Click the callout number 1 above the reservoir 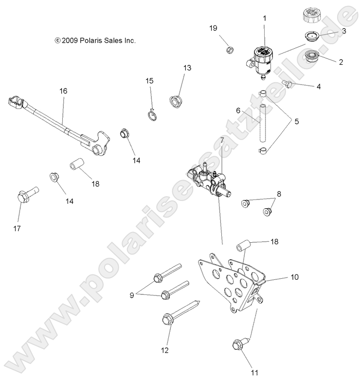click(265, 18)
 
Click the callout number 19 click(213, 28)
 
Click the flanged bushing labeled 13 click(174, 101)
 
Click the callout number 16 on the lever click(63, 91)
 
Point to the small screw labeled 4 click(288, 84)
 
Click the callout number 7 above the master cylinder click(222, 141)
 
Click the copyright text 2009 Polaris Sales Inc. click(95, 41)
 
